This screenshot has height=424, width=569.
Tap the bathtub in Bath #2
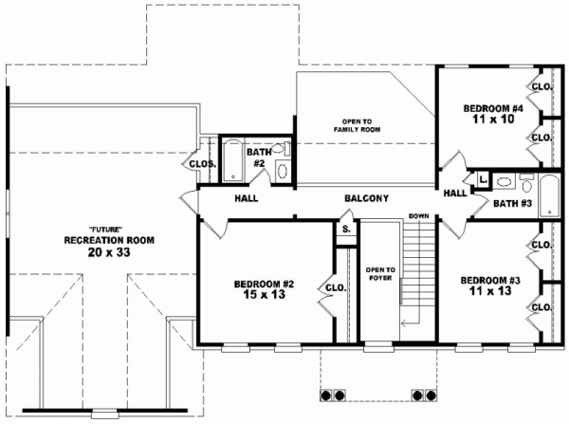coord(230,155)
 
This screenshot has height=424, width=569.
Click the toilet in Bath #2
coord(282,169)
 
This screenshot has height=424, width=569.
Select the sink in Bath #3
coord(505,180)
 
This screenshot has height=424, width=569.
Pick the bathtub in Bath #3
coord(548,182)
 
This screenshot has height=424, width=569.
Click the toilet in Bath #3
coord(527,180)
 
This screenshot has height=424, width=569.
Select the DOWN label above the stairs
coord(418,216)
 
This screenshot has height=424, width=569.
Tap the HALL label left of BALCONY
coord(248,198)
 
